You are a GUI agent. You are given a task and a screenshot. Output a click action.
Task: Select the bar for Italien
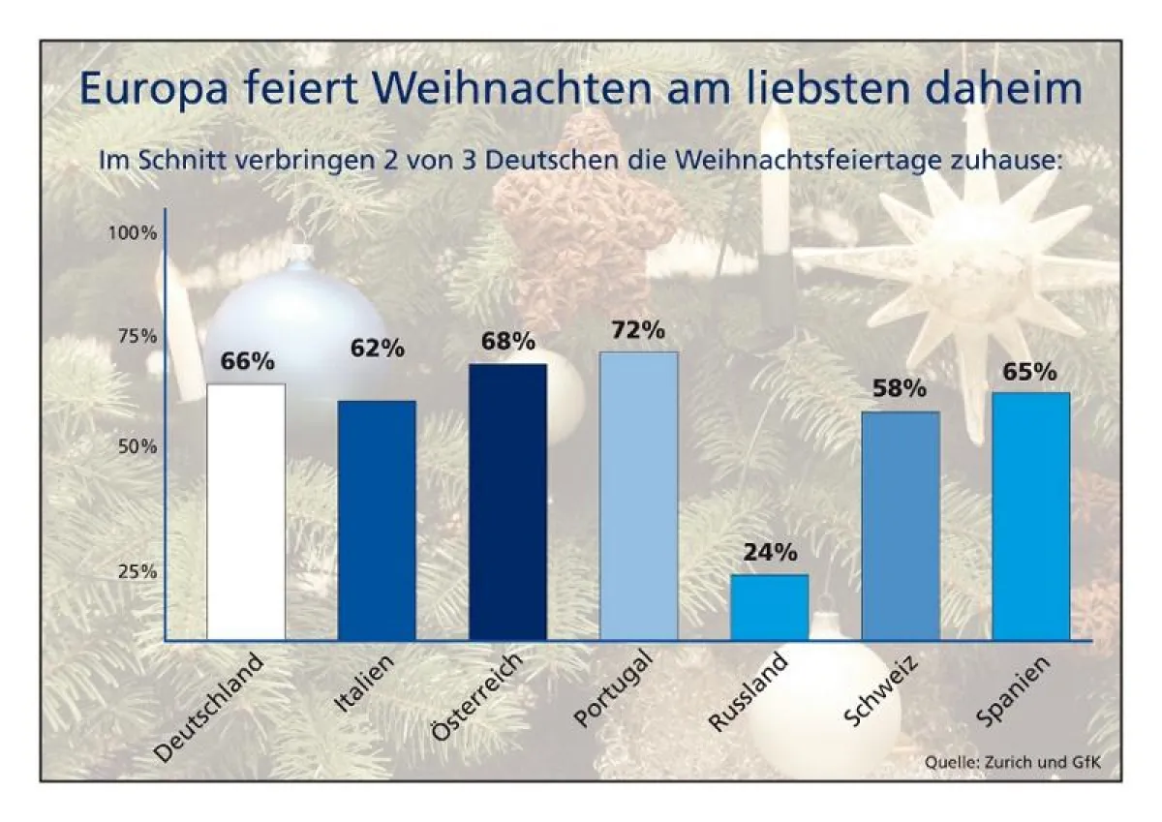(x=377, y=520)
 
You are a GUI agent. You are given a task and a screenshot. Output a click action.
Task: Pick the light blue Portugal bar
(x=638, y=496)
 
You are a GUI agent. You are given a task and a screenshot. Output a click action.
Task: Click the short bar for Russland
(x=769, y=607)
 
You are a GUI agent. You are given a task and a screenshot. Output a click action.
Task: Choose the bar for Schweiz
(x=901, y=526)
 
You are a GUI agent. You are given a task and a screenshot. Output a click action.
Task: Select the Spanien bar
(x=1031, y=516)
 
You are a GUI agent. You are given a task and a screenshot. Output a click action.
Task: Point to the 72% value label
(x=638, y=331)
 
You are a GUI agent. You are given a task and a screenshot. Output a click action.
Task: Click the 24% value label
(x=770, y=554)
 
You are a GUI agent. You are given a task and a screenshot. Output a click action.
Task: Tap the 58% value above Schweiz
(x=901, y=390)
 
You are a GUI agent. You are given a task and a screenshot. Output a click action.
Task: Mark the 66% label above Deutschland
(x=248, y=362)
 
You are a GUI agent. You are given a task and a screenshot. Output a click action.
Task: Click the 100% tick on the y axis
(x=132, y=233)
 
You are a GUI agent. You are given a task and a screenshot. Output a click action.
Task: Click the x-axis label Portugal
(x=615, y=691)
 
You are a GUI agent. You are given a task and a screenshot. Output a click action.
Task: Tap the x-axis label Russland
(x=749, y=694)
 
